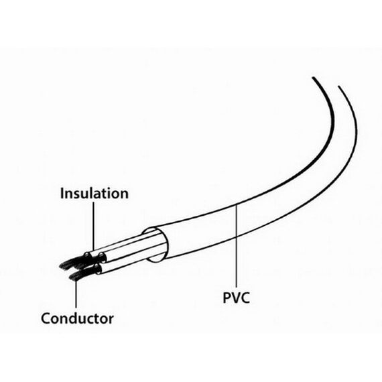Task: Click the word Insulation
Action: click(x=94, y=193)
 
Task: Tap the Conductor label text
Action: click(x=77, y=318)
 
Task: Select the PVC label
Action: click(x=237, y=298)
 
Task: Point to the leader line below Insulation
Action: click(x=93, y=227)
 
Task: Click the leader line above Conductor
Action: click(x=76, y=294)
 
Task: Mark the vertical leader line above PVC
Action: click(x=237, y=246)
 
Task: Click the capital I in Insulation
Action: click(x=62, y=193)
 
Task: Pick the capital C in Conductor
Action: click(x=46, y=318)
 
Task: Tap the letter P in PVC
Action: click(x=227, y=298)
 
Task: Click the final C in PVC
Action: click(x=245, y=298)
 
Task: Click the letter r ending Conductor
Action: click(x=111, y=320)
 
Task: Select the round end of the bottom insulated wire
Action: click(x=98, y=269)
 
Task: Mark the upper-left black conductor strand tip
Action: click(x=61, y=266)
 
